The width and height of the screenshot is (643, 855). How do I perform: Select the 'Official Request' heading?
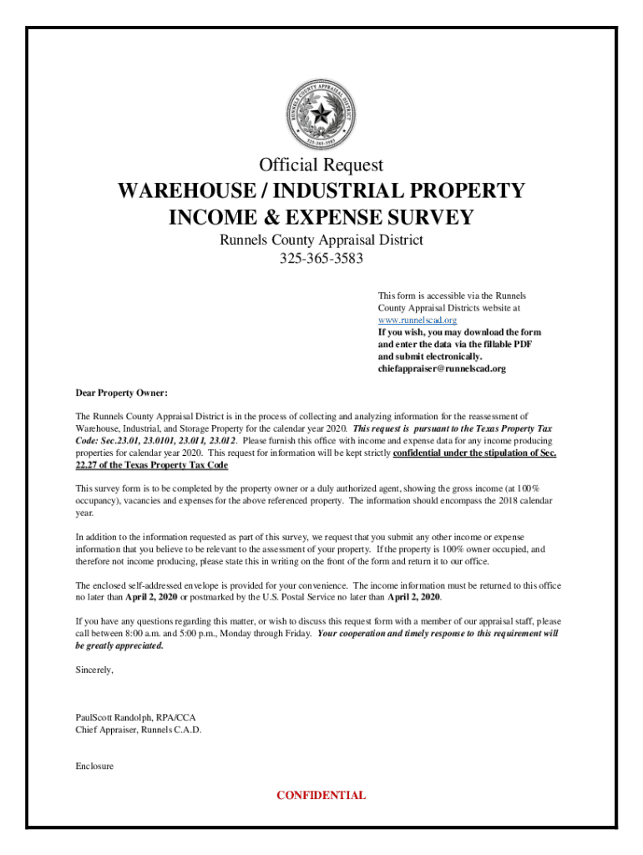point(321,164)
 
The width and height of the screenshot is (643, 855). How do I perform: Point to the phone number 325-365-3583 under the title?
point(321,258)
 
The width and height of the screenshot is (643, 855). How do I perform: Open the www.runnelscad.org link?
point(417,320)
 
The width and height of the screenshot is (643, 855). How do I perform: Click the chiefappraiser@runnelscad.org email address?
point(442,368)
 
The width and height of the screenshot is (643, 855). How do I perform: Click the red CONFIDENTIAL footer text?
point(321,795)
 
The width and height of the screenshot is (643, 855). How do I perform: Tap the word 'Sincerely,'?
point(94,670)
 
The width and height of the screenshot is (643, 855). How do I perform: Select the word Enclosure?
point(94,766)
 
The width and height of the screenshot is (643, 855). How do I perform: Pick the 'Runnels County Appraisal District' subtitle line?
point(321,240)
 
